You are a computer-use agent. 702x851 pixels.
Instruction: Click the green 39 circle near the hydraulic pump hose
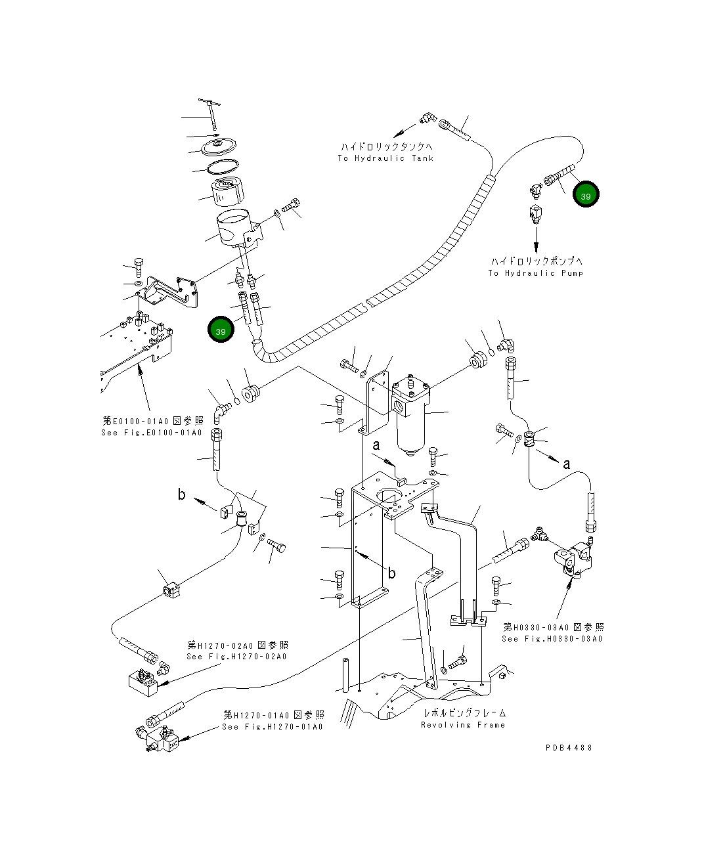pyautogui.click(x=585, y=194)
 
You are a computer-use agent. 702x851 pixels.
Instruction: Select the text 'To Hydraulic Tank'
pyautogui.click(x=385, y=158)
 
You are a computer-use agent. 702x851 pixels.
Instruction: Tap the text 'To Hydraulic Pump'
pyautogui.click(x=535, y=273)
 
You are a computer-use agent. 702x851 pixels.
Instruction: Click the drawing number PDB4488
pyautogui.click(x=569, y=747)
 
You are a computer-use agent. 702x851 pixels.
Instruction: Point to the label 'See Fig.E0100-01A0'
pyautogui.click(x=152, y=433)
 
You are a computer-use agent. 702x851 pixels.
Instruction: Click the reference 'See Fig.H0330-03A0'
pyautogui.click(x=552, y=638)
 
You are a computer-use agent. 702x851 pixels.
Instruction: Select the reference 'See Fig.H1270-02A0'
pyautogui.click(x=236, y=656)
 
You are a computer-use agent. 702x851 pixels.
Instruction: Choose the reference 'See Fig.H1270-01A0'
pyautogui.click(x=273, y=726)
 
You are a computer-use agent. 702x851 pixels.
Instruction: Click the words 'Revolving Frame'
pyautogui.click(x=463, y=725)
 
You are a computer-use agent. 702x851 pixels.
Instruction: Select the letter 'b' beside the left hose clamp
pyautogui.click(x=182, y=494)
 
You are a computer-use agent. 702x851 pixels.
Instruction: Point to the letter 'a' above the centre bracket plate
pyautogui.click(x=376, y=446)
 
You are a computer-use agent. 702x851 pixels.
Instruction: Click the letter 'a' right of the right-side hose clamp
pyautogui.click(x=566, y=464)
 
